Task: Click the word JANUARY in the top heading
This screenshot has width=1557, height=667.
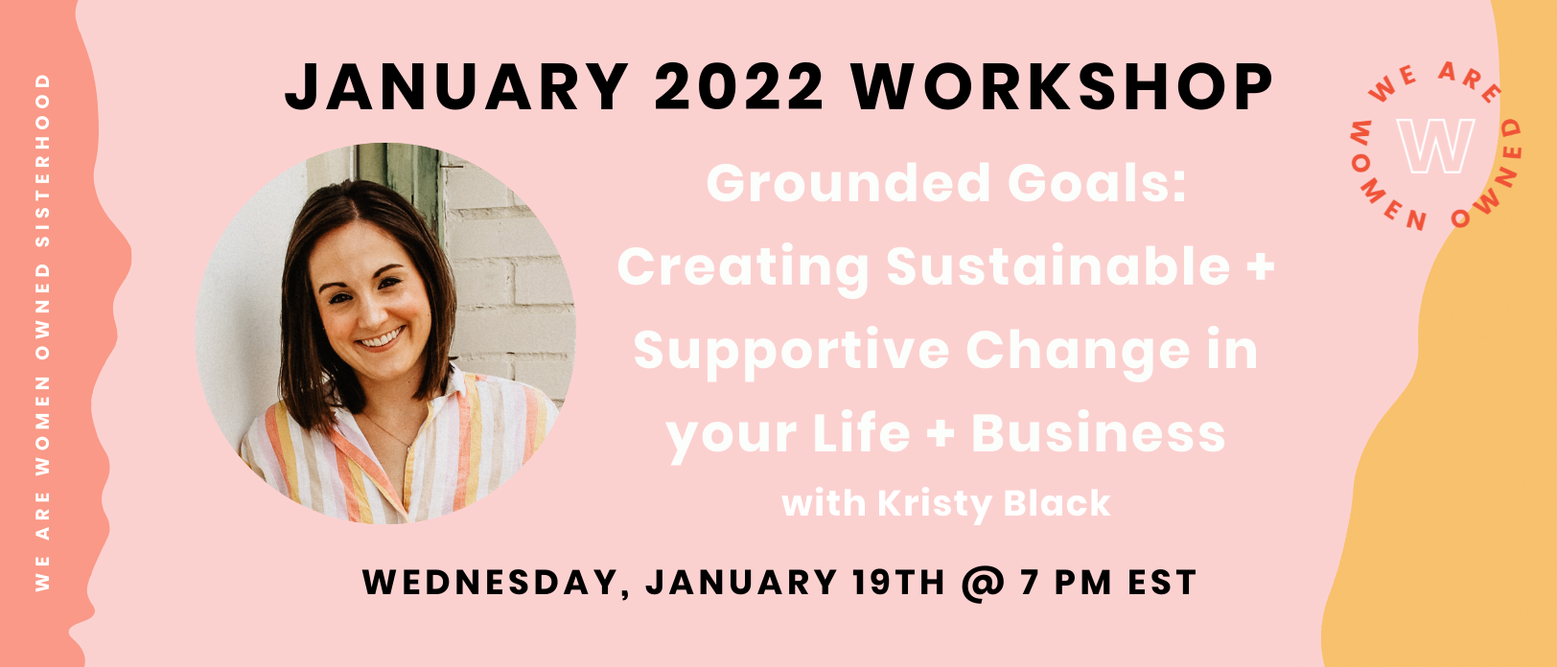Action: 457,87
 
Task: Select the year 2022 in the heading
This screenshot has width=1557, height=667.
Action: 739,87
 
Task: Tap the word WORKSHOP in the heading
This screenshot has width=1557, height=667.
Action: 1062,87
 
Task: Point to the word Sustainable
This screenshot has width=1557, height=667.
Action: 1057,266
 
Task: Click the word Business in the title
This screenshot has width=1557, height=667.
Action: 1099,434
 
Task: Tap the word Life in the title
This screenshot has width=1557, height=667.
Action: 861,433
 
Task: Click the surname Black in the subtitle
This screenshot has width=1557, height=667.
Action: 1057,503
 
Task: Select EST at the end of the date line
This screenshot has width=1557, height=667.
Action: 1161,583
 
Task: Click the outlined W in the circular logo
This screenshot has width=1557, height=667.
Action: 1435,146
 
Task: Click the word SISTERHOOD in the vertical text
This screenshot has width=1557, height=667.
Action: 43,160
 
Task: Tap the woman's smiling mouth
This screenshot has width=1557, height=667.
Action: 381,340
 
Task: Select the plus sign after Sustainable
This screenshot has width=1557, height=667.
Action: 1260,267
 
